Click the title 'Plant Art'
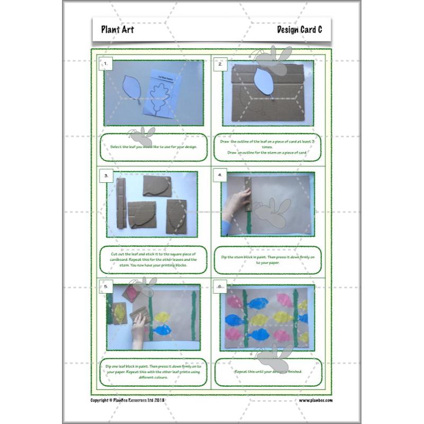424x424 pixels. coord(117,30)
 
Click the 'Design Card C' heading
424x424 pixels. coord(299,30)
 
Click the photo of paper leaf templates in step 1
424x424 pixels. coord(154,93)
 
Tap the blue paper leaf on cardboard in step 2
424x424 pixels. coord(263,82)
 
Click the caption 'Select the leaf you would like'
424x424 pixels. coord(153,146)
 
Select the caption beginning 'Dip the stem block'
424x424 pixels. coord(268,259)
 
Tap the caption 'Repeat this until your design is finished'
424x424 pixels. coord(268,372)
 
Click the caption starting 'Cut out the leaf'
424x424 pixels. coord(153,259)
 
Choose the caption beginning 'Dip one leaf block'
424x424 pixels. coord(153,372)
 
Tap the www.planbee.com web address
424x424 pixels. coord(315,400)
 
